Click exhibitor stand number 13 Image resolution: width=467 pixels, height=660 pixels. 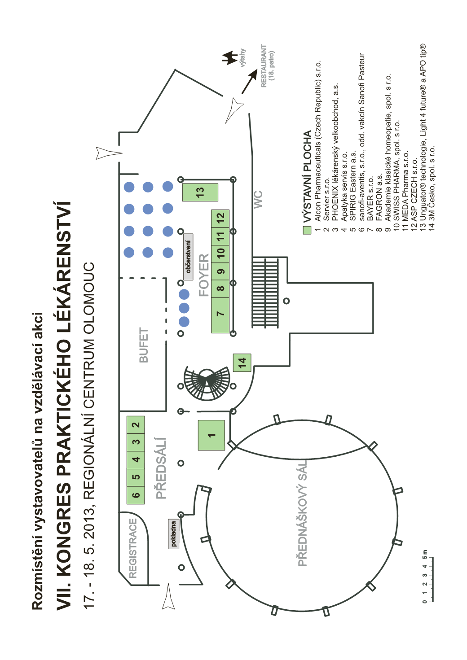[x=200, y=192]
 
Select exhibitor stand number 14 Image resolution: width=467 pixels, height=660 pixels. [x=242, y=362]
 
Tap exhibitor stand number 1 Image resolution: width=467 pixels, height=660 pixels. [x=211, y=435]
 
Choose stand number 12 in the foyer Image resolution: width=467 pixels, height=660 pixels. [x=220, y=218]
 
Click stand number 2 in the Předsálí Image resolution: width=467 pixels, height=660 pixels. [x=136, y=424]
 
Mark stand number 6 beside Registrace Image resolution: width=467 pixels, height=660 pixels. [x=136, y=495]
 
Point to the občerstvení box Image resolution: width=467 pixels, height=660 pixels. [x=188, y=257]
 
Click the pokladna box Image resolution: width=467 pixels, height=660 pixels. [x=173, y=533]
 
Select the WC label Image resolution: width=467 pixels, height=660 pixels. [x=258, y=199]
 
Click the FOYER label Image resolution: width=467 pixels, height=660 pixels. [x=204, y=275]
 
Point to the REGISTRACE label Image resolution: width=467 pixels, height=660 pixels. [x=133, y=547]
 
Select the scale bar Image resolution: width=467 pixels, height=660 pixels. [x=429, y=579]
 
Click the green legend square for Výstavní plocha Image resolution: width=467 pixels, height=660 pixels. [x=307, y=230]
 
